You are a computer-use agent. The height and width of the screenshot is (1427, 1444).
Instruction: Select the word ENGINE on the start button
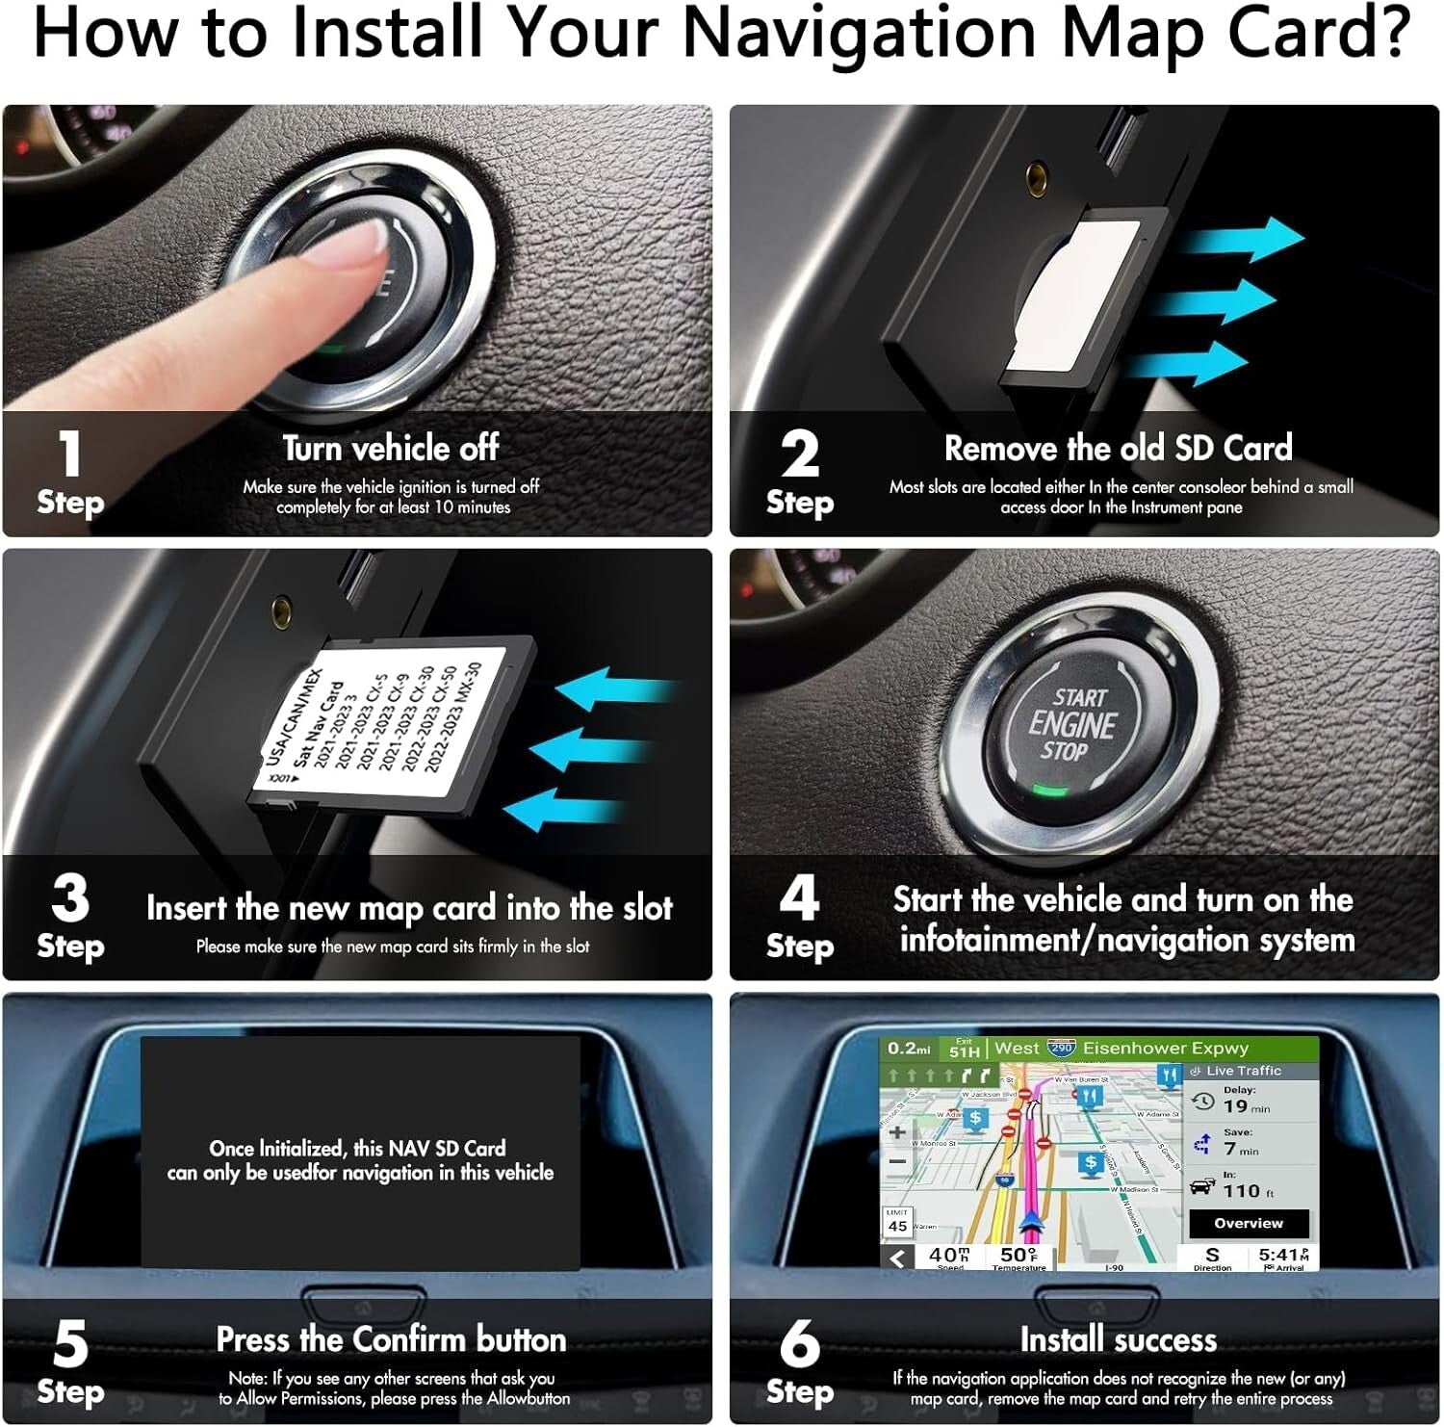click(1071, 724)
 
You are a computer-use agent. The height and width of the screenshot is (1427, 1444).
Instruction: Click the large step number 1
click(69, 454)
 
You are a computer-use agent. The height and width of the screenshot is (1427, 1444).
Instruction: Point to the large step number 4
click(799, 897)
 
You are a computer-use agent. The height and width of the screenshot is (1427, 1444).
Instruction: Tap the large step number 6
click(799, 1343)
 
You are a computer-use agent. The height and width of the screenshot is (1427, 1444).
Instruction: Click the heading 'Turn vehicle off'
click(390, 449)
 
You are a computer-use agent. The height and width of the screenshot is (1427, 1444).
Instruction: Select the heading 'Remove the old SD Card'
click(1118, 449)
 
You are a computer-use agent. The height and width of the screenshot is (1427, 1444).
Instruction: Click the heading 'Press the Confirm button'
click(390, 1339)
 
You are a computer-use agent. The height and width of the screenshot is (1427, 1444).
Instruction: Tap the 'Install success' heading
click(1118, 1339)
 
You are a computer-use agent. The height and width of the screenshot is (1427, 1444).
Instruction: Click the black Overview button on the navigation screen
click(1249, 1223)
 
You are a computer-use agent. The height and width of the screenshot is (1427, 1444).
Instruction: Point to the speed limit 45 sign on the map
click(897, 1222)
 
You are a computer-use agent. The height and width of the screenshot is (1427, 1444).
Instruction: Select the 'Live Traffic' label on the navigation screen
click(1243, 1071)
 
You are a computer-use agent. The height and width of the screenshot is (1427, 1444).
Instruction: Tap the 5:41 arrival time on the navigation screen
click(1283, 1255)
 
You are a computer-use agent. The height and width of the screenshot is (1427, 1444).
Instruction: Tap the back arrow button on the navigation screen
click(897, 1258)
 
